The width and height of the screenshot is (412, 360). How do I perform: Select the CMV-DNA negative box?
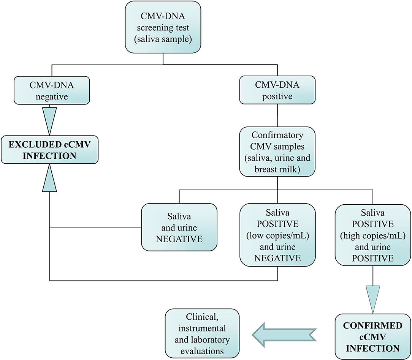click(52, 90)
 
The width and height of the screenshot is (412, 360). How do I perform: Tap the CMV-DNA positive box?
click(277, 90)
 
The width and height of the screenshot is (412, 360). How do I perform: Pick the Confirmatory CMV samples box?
click(277, 152)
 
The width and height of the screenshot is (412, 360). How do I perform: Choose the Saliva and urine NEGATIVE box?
click(179, 227)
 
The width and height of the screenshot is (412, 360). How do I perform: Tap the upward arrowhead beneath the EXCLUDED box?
click(50, 179)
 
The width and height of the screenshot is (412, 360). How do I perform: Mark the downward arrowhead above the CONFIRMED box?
click(372, 298)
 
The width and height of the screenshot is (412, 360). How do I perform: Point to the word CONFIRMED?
click(372, 326)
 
